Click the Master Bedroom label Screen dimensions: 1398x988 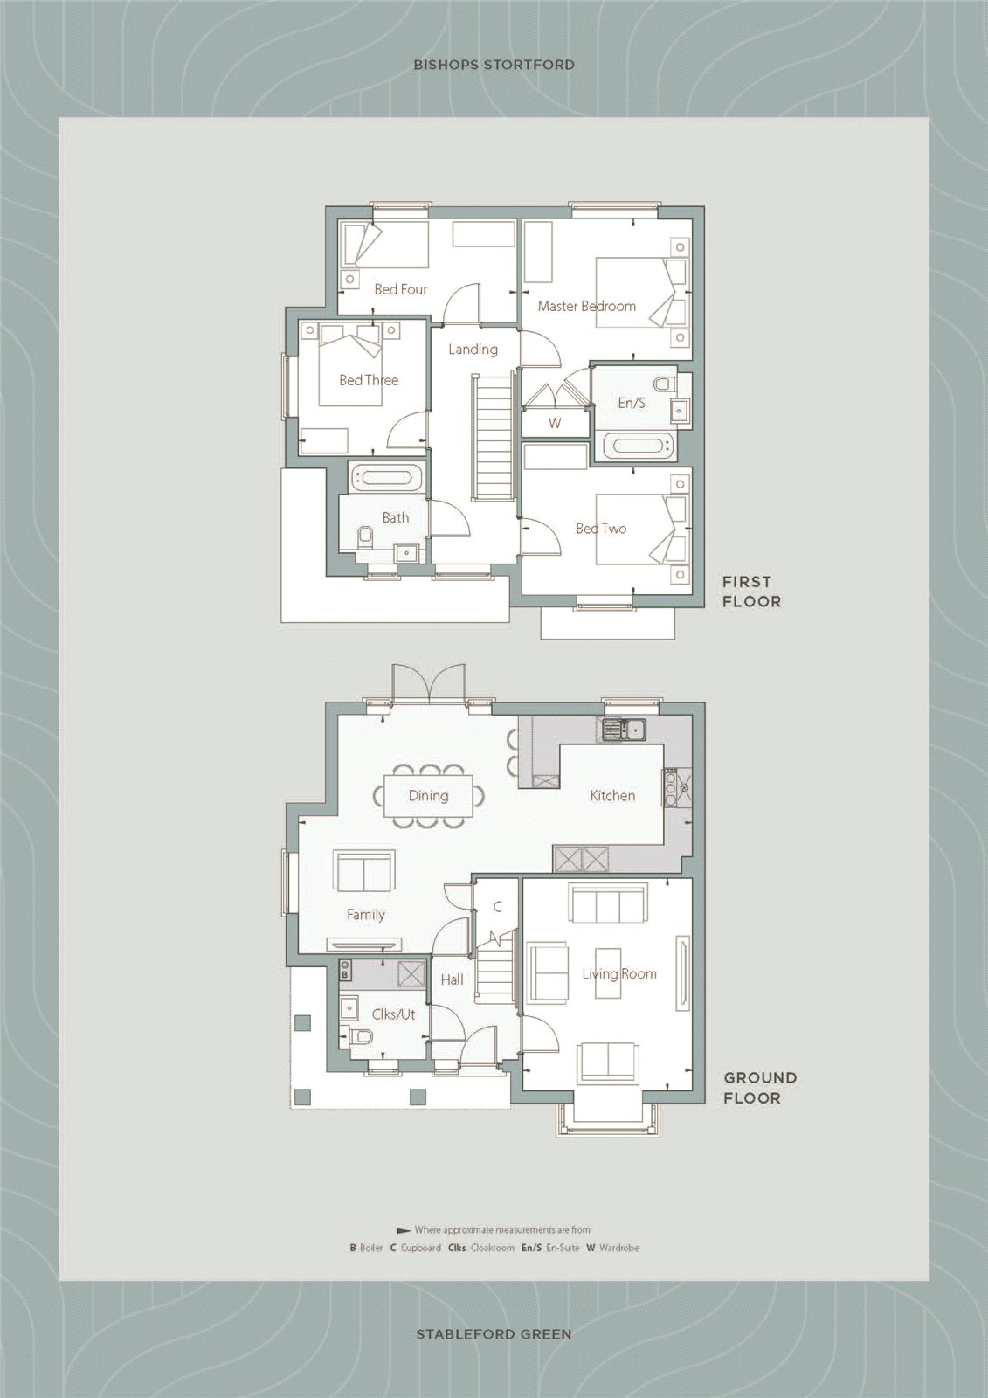[586, 306]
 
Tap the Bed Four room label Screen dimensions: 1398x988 [400, 289]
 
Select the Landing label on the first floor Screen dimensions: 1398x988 [473, 349]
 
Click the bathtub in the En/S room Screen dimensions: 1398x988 [642, 446]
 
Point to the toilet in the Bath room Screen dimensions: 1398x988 [366, 537]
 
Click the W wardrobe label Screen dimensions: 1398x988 [554, 423]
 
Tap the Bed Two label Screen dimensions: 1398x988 [600, 529]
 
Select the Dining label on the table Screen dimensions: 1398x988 [428, 796]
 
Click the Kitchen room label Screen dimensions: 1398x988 [612, 796]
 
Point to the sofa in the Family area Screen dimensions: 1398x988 [363, 871]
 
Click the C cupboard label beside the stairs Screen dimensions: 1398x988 [497, 907]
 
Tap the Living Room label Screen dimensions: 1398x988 [619, 974]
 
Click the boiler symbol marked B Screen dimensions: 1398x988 [345, 973]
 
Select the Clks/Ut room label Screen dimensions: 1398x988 [393, 1014]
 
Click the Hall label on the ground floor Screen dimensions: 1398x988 [452, 980]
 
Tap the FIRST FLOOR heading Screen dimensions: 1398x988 [751, 592]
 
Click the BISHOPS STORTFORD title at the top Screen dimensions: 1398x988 [494, 65]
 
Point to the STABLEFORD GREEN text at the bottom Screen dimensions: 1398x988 [494, 1334]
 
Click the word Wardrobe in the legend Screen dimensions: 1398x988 [619, 1248]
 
